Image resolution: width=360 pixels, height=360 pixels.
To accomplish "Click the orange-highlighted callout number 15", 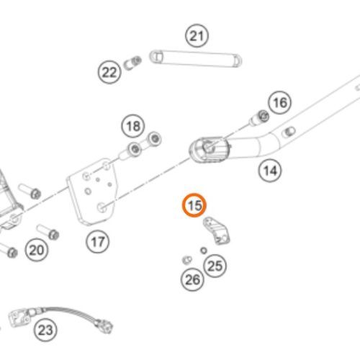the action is [194, 205].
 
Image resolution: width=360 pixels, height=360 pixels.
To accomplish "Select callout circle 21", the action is [197, 36].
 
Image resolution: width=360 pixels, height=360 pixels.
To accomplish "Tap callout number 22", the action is [109, 72].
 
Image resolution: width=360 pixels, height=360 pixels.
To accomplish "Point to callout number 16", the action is [280, 103].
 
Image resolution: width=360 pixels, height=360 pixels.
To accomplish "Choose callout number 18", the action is [133, 126].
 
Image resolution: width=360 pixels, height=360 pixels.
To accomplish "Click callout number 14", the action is [270, 171].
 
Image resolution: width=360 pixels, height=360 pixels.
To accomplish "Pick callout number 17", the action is [98, 241].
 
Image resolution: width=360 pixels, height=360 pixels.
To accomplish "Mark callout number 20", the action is [37, 250].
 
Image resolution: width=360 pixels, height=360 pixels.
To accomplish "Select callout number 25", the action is [215, 266].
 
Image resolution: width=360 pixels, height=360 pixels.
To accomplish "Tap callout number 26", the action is [192, 279].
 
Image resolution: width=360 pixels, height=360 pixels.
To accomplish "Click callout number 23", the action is [45, 330].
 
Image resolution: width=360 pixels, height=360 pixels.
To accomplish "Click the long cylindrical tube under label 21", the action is [196, 60].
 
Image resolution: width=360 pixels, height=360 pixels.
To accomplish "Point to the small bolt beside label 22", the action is [132, 63].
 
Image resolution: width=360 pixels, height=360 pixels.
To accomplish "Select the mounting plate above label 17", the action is [92, 192].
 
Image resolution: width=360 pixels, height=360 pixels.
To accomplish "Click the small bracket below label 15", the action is [216, 230].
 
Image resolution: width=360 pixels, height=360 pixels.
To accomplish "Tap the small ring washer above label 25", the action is [204, 251].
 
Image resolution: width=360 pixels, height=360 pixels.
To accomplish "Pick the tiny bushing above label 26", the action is [187, 260].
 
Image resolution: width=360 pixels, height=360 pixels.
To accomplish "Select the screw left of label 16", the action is [259, 117].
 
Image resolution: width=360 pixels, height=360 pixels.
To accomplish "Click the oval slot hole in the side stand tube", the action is [289, 132].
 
